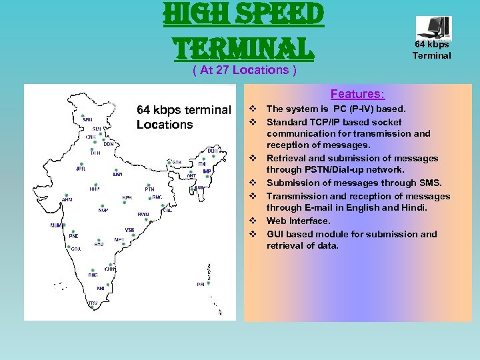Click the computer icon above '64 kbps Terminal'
point(433,28)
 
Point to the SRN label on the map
point(88,120)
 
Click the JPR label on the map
point(81,169)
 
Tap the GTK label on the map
point(177,162)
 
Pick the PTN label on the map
point(149,189)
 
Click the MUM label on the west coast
point(57,225)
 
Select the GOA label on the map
point(76,249)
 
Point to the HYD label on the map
point(99,244)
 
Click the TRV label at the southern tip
point(93,303)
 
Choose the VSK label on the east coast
point(129,230)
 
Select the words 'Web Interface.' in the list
point(298,221)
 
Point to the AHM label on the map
point(67,199)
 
